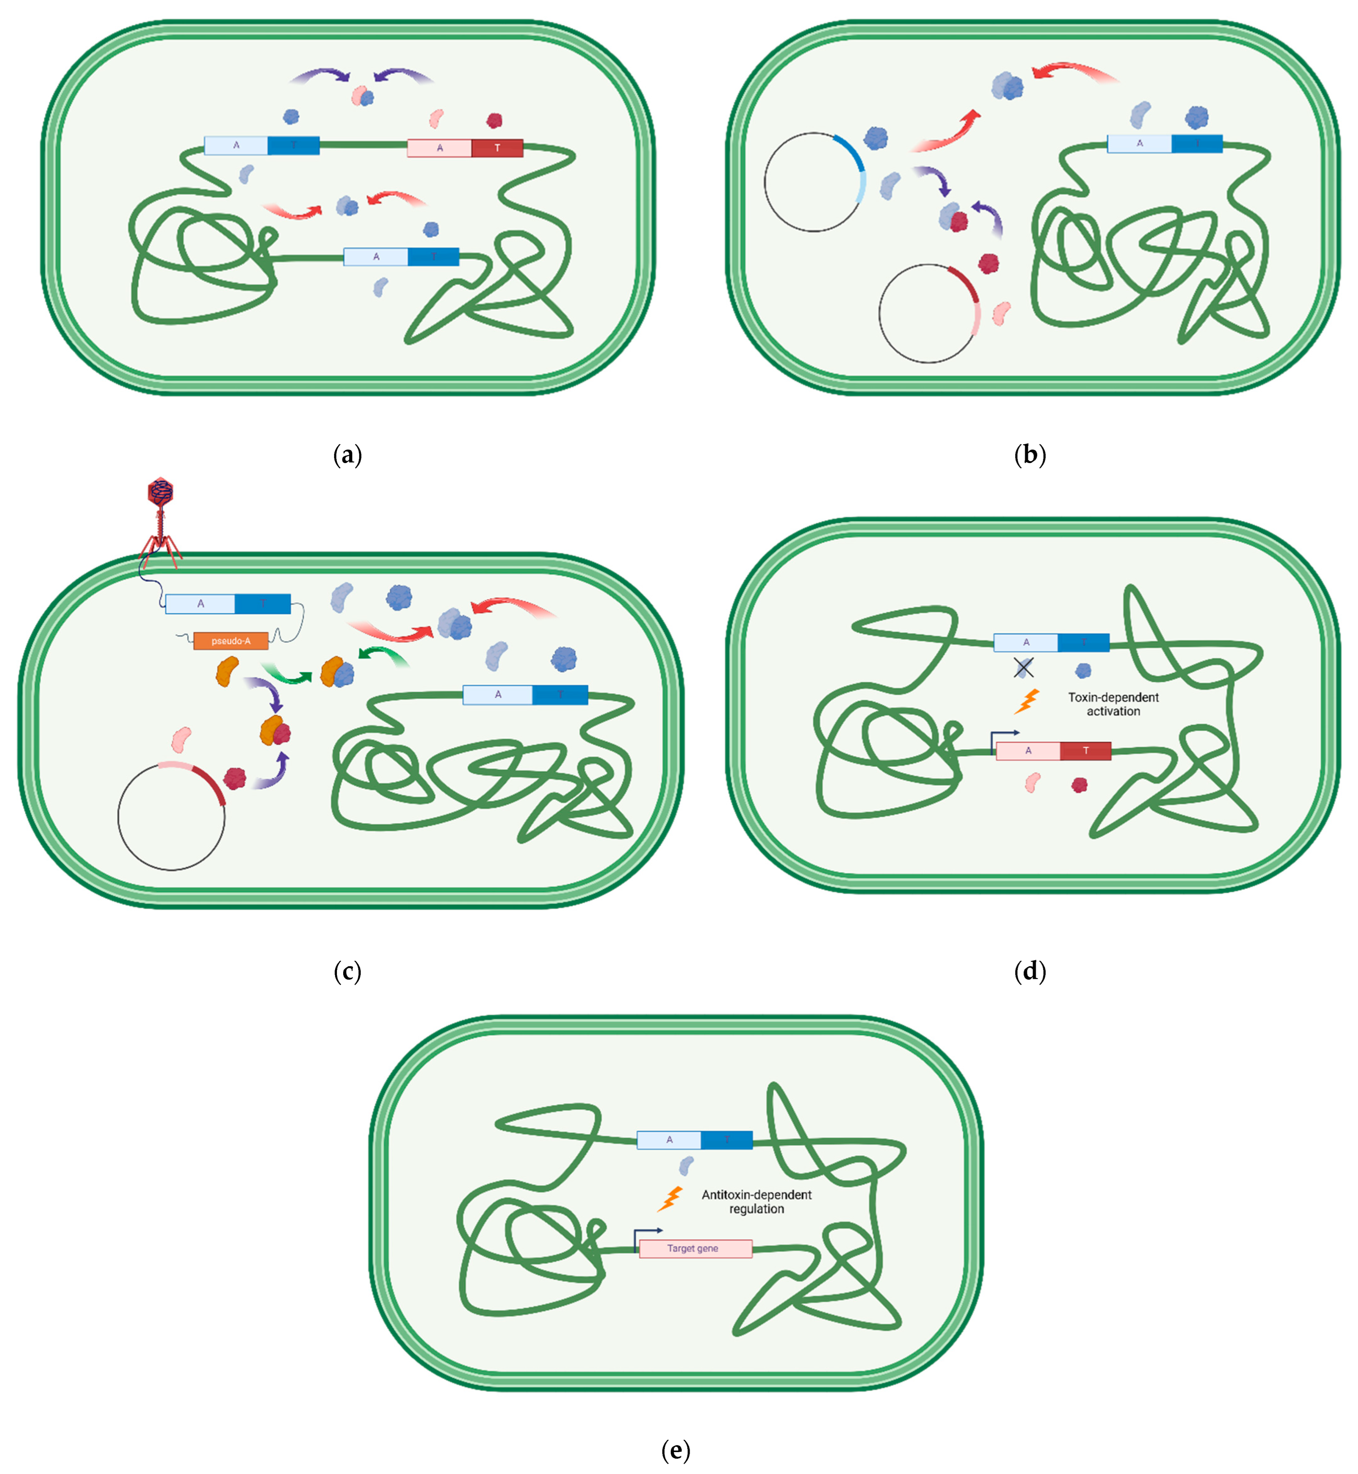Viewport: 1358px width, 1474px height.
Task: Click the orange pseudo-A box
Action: tap(231, 641)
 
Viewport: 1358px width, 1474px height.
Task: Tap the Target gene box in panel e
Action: tap(695, 1249)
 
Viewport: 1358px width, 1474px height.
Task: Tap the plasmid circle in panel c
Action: tap(172, 816)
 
